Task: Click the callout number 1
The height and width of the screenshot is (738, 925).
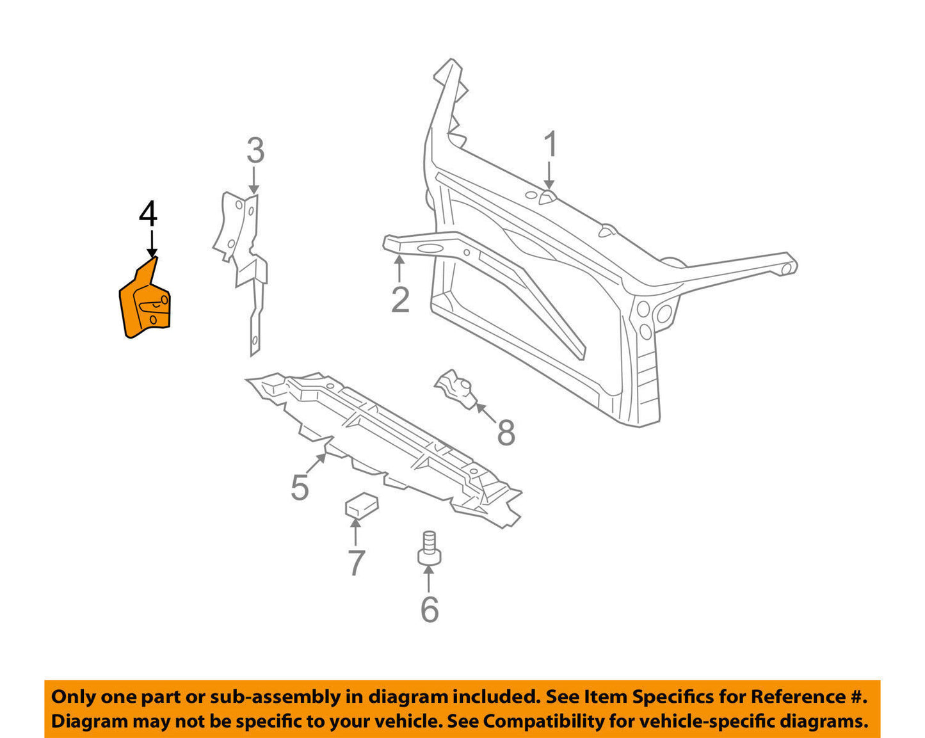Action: tap(551, 145)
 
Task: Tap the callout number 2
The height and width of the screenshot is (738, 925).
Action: tap(400, 300)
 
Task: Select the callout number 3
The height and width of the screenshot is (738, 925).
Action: tap(255, 151)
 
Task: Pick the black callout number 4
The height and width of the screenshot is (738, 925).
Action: tap(148, 214)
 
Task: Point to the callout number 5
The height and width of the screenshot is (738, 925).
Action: tap(300, 488)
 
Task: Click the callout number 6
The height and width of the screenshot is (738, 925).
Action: tap(430, 609)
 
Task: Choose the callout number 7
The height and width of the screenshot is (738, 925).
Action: tap(356, 563)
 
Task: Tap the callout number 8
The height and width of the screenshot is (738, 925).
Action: tap(506, 433)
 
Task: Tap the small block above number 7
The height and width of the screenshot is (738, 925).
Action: tap(361, 504)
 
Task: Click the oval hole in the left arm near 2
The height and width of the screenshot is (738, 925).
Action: tap(430, 249)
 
